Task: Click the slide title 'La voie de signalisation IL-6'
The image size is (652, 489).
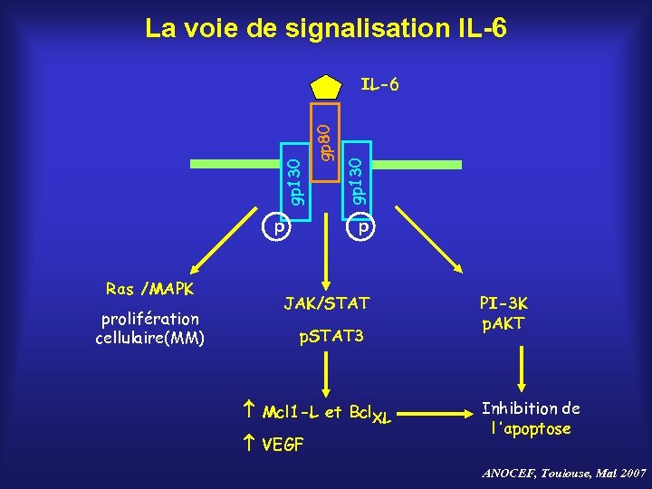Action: pos(326,29)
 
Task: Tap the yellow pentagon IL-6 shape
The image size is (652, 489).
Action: pos(325,87)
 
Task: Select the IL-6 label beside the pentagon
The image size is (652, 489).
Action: pos(379,86)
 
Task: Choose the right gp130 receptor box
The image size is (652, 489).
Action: pos(357,179)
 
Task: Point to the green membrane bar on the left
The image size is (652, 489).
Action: pos(236,163)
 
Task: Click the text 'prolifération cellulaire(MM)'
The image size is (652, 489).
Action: pos(149,330)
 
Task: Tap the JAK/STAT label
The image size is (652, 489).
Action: pos(326,302)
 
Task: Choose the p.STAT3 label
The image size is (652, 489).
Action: pos(331,337)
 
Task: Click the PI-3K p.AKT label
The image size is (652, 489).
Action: pos(504,313)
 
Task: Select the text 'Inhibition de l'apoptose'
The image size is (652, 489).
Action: pos(531,418)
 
